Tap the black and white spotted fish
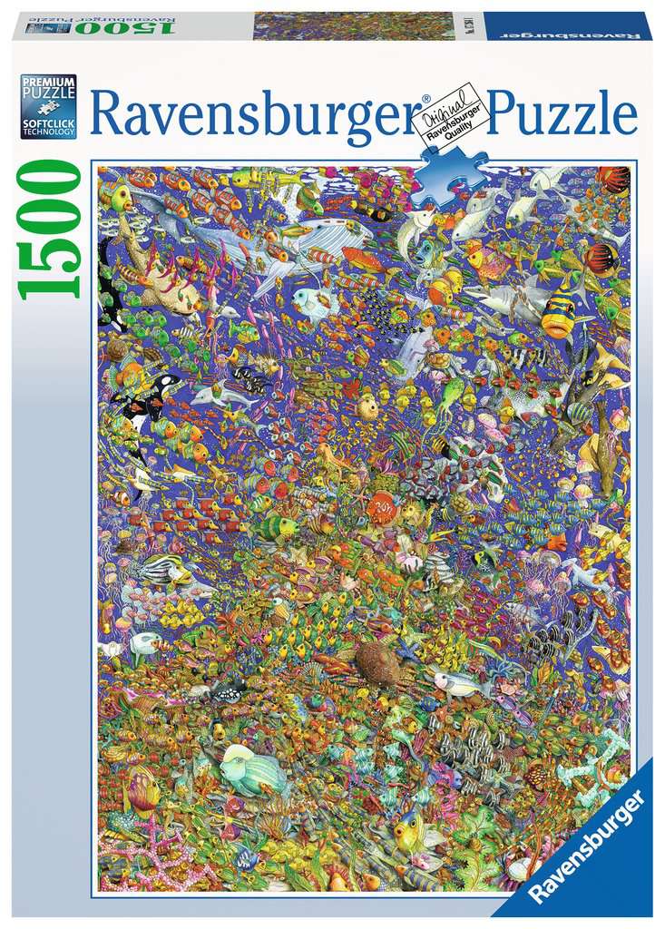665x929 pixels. [x=224, y=691]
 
